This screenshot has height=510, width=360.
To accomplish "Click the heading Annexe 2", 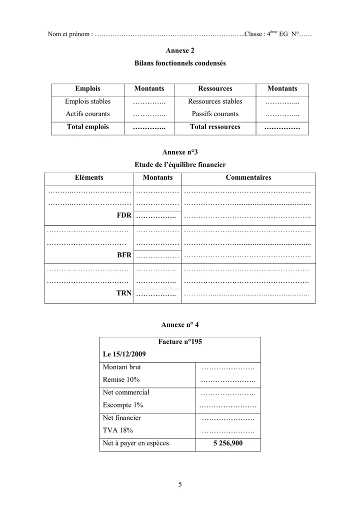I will click(x=180, y=51).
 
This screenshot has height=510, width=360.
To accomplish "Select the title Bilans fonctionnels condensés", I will click(x=180, y=64).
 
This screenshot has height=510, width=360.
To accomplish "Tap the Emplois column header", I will click(x=87, y=89).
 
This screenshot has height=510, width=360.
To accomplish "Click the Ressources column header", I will click(x=215, y=89).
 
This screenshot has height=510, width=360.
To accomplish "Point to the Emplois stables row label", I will click(x=87, y=101).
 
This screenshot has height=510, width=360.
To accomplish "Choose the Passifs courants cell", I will click(x=215, y=114).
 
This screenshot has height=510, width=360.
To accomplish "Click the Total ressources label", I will click(x=215, y=127).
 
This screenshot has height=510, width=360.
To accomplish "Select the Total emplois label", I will click(x=87, y=127).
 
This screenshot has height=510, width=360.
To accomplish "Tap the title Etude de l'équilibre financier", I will click(x=180, y=164).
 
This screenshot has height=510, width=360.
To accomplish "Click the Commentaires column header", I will click(x=248, y=177).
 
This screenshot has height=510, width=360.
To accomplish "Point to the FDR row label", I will click(x=124, y=215).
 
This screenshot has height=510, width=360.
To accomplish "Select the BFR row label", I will click(x=124, y=255).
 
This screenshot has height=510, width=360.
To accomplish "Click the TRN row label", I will click(x=124, y=294).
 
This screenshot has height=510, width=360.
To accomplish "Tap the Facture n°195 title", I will click(x=180, y=342).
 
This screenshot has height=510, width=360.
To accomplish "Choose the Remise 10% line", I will click(x=121, y=380).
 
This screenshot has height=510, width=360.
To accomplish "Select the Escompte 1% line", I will click(x=122, y=405).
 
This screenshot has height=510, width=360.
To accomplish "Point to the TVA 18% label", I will click(x=117, y=430).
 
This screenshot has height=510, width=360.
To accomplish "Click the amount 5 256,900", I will click(x=227, y=443).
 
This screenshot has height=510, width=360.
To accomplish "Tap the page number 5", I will click(x=180, y=484).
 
